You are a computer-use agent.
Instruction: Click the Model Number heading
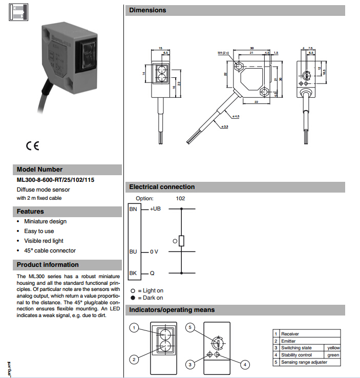(39, 170)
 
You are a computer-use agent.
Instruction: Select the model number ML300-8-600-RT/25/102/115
(55, 180)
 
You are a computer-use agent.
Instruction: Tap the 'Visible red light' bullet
(44, 241)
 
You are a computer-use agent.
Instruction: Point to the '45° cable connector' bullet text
(50, 250)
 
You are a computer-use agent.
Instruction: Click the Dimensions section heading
(147, 10)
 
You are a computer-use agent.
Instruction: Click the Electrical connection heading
(162, 187)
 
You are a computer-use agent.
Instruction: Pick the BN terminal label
(133, 209)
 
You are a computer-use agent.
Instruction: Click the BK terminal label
(133, 273)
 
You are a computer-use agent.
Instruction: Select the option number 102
(180, 198)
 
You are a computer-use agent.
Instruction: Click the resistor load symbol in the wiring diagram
(181, 241)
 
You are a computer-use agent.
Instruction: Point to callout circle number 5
(189, 327)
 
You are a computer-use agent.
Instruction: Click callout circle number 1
(134, 327)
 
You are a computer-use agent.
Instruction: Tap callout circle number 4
(245, 364)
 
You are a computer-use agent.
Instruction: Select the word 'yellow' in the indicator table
(333, 348)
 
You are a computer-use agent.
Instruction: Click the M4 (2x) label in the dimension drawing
(223, 53)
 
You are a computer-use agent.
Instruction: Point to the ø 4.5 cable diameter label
(236, 116)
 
